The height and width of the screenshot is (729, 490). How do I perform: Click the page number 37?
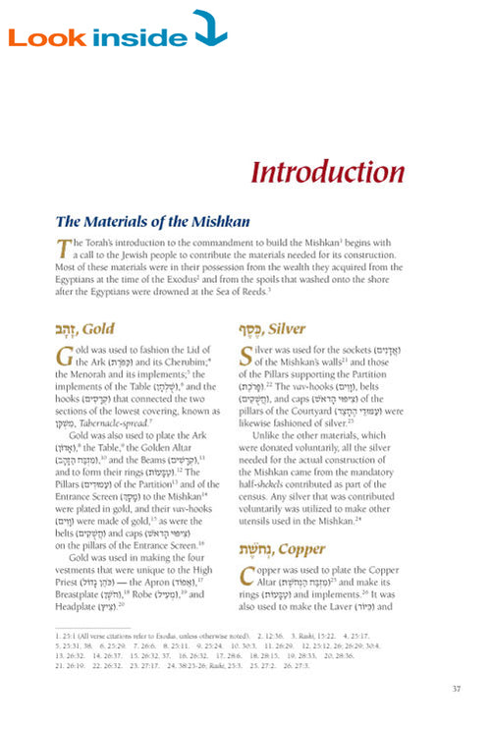[457, 689]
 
